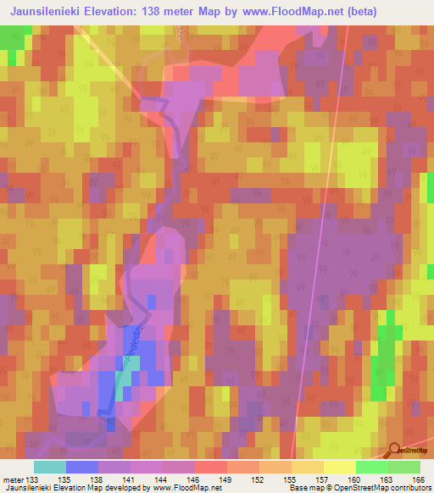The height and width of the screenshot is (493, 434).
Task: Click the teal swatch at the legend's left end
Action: pyautogui.click(x=50, y=468)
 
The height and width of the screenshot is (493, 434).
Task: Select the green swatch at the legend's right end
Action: pyautogui.click(x=403, y=468)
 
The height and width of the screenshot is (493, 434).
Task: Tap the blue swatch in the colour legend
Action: pyautogui.click(x=82, y=468)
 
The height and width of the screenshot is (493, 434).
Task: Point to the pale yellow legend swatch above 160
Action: pyautogui.click(x=339, y=468)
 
